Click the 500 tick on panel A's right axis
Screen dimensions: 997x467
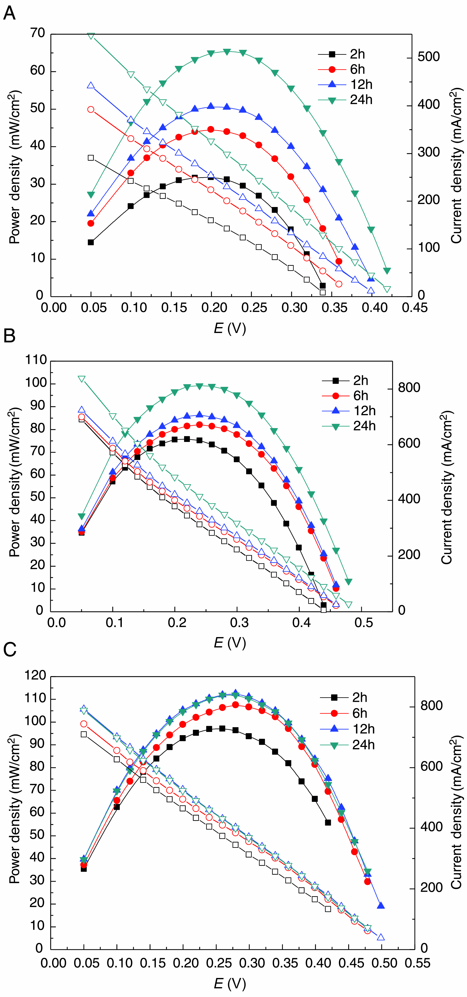pos(428,57)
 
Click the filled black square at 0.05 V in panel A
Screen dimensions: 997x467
pos(91,242)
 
